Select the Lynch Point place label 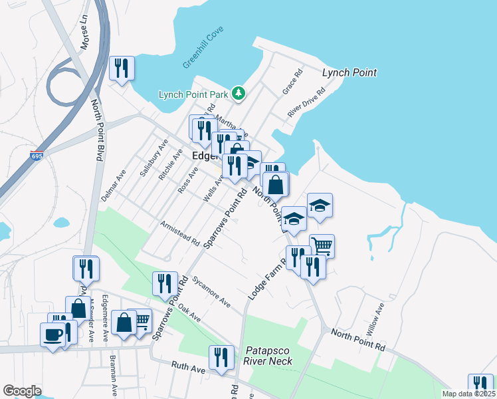(x=349, y=72)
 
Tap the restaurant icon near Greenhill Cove (x=122, y=68)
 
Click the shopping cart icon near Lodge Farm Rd (x=322, y=245)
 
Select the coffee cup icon (x=52, y=334)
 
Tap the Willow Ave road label (x=376, y=319)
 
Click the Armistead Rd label (x=179, y=233)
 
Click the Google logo (x=22, y=391)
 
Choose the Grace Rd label (x=292, y=80)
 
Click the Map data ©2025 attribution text (x=468, y=394)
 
